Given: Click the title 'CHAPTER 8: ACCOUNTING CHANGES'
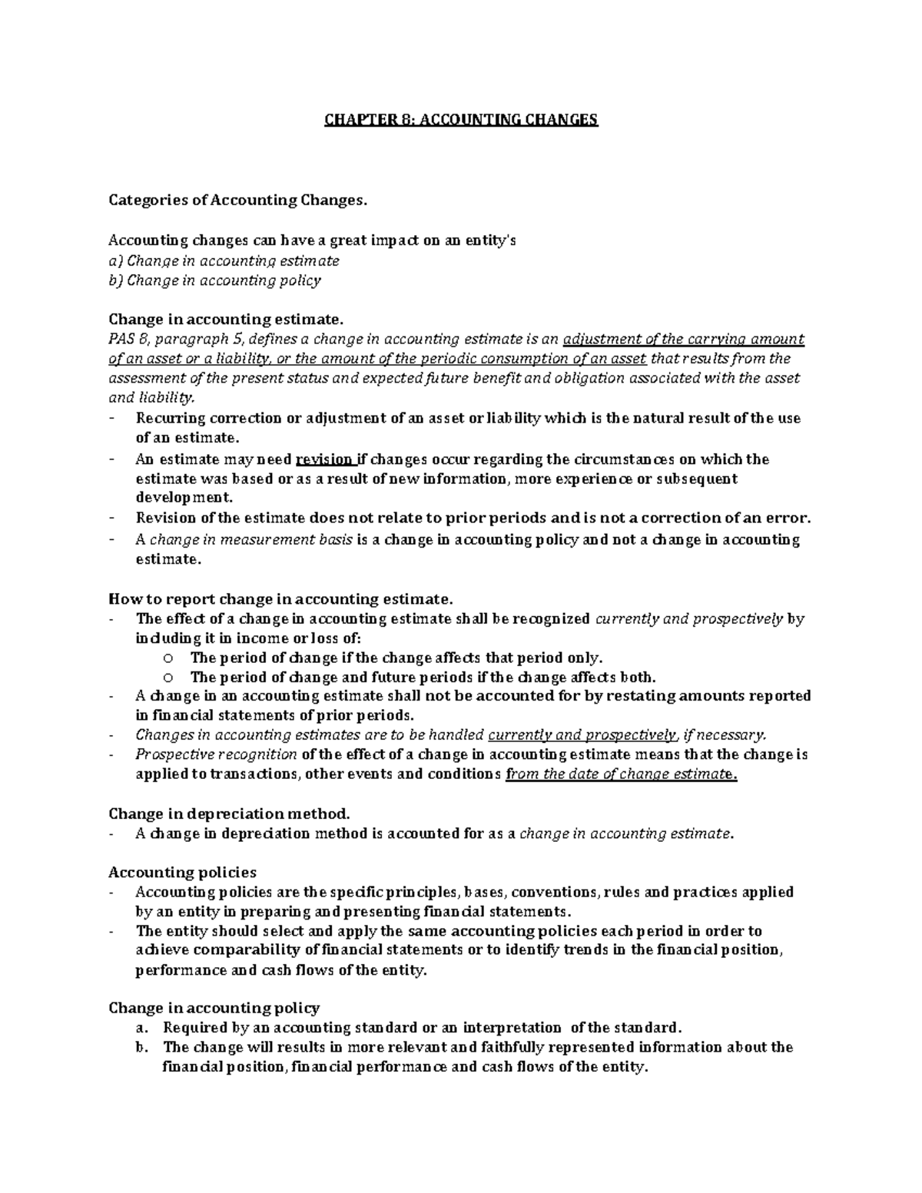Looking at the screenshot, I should point(460,120).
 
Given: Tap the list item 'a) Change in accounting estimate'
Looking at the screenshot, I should point(224,260).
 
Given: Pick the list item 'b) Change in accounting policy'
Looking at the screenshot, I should point(214,280).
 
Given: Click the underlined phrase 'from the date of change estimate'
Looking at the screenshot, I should point(619,774).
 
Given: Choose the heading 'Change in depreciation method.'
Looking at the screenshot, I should point(229,814).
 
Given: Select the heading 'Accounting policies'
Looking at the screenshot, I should point(183,873).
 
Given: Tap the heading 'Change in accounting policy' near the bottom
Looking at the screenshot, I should point(214,1008).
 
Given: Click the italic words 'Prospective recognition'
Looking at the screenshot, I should point(217,754).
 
